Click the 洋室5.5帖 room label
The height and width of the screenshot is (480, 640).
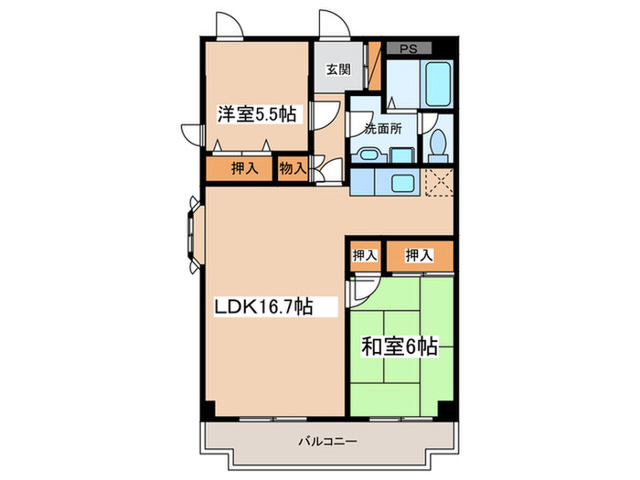(256, 114)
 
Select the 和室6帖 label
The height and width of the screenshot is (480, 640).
(399, 347)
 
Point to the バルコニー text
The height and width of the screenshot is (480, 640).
(326, 442)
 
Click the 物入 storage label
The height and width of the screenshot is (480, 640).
(293, 168)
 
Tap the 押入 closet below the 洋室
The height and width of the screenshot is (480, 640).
(242, 168)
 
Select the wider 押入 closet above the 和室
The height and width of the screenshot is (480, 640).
(419, 255)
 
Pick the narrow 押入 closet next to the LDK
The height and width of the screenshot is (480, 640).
(364, 255)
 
